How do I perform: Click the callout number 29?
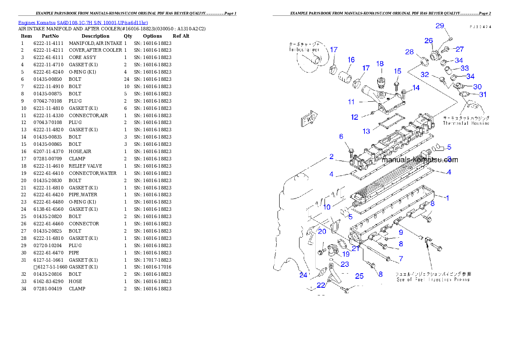click(440, 26)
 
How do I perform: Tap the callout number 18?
click(379, 64)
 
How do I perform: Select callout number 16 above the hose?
click(351, 59)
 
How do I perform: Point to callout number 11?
click(351, 102)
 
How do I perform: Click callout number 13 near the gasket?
click(366, 131)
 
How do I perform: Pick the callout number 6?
click(341, 136)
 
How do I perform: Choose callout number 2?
click(331, 157)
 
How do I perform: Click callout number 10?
click(326, 207)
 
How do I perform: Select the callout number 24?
click(303, 275)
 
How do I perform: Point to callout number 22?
click(321, 285)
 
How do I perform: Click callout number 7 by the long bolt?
click(401, 259)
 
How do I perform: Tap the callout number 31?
click(482, 94)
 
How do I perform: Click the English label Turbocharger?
click(305, 50)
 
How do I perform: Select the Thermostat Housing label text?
click(466, 123)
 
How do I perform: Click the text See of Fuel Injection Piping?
click(433, 279)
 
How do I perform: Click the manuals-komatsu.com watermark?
click(420, 160)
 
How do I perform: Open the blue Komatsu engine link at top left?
click(83, 23)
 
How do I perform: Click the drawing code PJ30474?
click(480, 27)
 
